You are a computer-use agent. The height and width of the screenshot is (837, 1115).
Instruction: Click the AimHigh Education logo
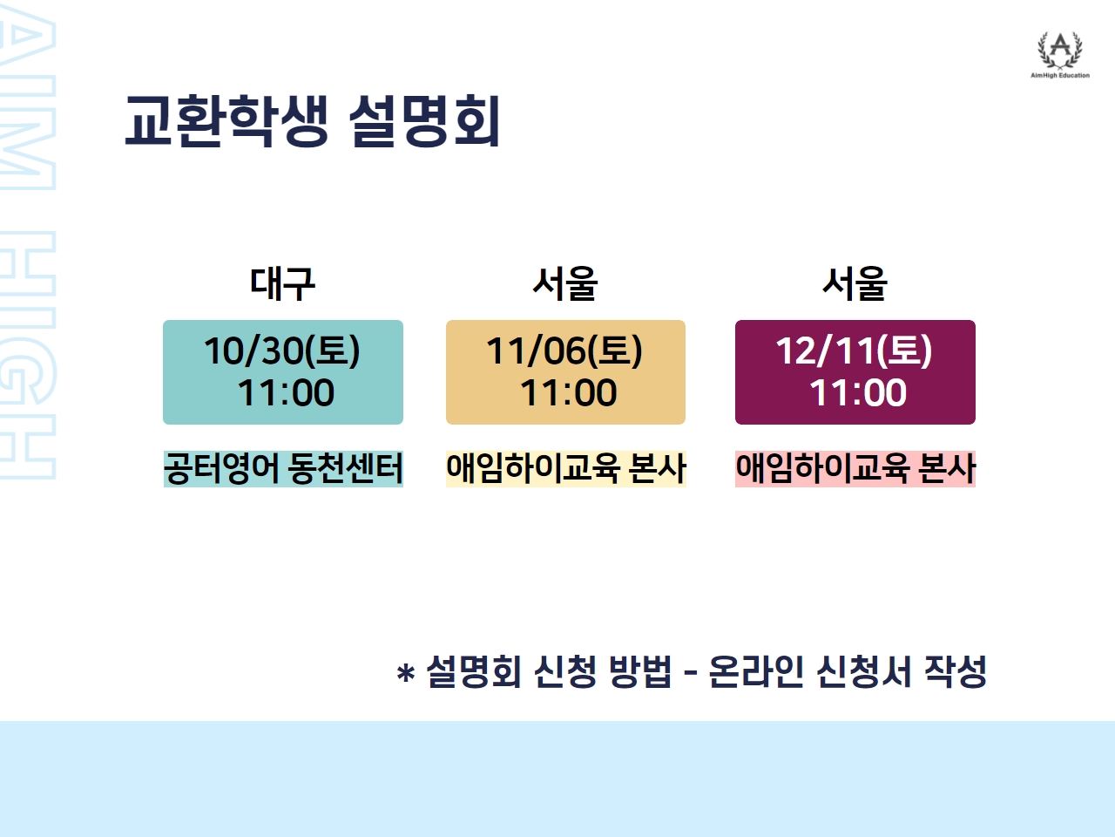(x=1059, y=55)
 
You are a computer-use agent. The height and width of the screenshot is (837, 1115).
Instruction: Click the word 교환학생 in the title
(x=226, y=121)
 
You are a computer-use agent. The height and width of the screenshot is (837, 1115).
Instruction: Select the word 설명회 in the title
(x=425, y=121)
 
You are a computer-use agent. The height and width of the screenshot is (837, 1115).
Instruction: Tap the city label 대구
(x=282, y=283)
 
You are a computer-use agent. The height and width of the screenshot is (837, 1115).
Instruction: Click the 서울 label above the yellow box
(x=564, y=283)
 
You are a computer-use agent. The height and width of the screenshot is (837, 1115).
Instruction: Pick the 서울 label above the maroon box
(x=855, y=283)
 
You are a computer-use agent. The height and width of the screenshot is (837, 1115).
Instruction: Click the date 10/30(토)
(x=282, y=350)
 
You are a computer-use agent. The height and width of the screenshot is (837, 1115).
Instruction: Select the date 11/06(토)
(x=564, y=350)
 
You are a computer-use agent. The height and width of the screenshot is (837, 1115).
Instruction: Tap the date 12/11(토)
(x=854, y=350)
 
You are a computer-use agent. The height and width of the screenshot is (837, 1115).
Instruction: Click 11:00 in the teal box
(x=286, y=393)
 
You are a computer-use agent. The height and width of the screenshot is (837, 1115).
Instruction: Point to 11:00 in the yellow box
(x=569, y=393)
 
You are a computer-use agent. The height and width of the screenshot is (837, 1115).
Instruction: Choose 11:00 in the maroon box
(x=858, y=393)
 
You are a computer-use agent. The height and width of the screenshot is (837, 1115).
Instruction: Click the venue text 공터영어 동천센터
(x=283, y=468)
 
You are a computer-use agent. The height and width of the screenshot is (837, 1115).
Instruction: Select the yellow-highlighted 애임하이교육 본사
(x=566, y=468)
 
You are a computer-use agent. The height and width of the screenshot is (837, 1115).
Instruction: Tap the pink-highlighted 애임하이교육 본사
(x=855, y=468)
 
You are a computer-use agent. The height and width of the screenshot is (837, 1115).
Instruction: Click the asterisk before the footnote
(x=405, y=673)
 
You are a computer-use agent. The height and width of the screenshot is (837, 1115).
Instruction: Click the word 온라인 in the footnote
(x=756, y=671)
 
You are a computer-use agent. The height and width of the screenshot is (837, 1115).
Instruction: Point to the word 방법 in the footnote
(x=640, y=671)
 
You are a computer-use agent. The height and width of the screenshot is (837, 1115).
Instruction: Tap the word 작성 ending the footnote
(x=956, y=671)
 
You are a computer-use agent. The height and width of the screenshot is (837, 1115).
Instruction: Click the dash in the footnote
(x=690, y=674)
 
